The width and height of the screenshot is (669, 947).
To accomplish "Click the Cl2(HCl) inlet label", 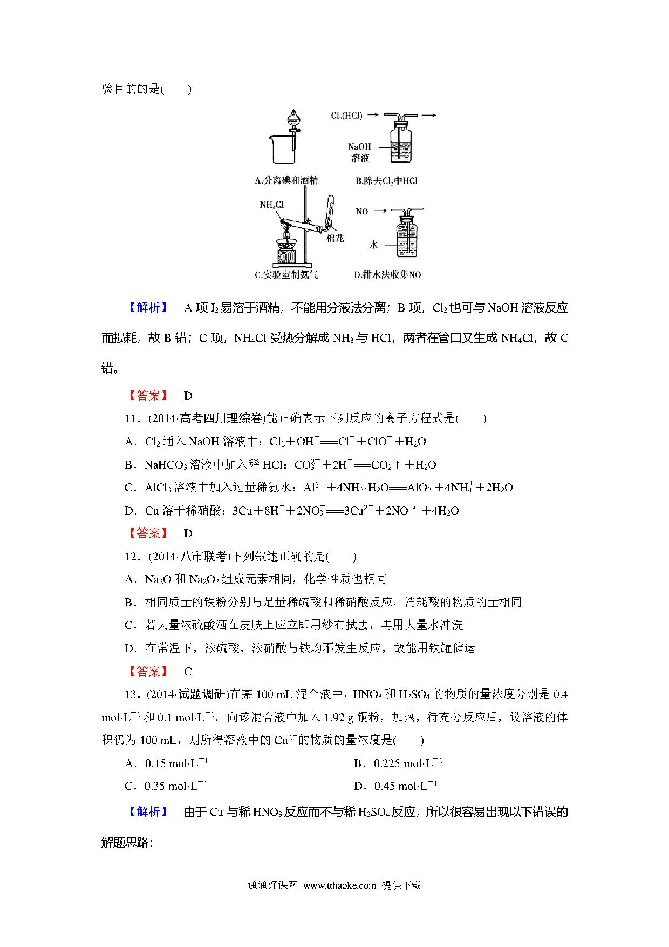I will click(346, 115).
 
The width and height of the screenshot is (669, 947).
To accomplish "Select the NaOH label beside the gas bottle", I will click(359, 146).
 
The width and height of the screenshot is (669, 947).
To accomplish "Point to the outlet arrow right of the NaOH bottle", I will click(429, 115).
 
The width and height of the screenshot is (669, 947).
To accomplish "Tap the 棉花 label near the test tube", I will click(335, 238).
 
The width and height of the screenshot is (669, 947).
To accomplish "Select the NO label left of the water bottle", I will click(361, 211).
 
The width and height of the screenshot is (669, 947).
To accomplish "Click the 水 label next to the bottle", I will click(373, 245).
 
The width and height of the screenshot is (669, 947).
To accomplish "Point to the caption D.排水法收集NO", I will click(387, 275).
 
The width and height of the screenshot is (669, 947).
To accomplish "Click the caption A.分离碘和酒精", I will click(286, 181).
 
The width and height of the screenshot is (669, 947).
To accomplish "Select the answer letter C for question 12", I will click(188, 672).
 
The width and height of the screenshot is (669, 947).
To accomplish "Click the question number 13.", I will click(132, 694).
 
